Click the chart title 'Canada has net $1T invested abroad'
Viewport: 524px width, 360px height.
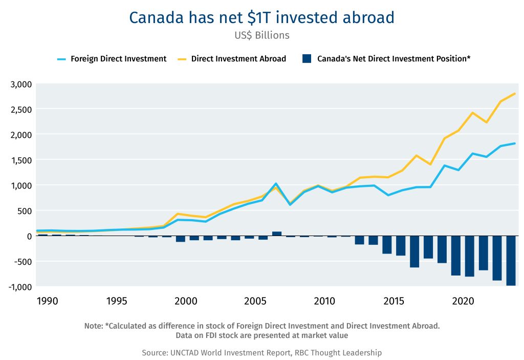(x=261, y=17)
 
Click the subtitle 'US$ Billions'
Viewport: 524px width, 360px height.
(x=261, y=35)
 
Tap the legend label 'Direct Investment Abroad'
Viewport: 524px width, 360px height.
(x=238, y=59)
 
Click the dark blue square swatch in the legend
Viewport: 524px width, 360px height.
(x=307, y=59)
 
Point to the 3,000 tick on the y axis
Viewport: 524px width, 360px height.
(x=21, y=84)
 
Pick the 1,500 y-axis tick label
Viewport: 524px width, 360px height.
(x=21, y=160)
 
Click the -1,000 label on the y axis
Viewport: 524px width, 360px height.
(x=19, y=287)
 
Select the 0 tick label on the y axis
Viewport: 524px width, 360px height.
(x=29, y=236)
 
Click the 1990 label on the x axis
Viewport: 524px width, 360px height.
(x=47, y=301)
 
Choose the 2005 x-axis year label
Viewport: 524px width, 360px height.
(x=255, y=301)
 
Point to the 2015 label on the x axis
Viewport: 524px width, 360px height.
(x=394, y=301)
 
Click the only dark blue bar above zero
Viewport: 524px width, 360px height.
(x=277, y=234)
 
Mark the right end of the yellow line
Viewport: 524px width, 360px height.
(x=514, y=94)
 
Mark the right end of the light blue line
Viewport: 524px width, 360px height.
(x=514, y=143)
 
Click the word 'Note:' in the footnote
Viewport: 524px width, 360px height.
(x=94, y=326)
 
